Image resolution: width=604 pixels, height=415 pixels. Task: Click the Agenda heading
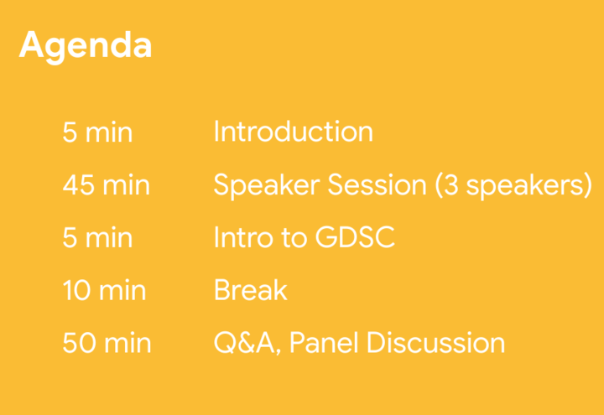[86, 47]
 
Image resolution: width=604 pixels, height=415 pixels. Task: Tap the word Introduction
[294, 132]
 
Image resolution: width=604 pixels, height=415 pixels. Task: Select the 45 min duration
[106, 184]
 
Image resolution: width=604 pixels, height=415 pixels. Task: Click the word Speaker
[267, 186]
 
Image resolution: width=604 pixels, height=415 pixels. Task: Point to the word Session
[377, 184]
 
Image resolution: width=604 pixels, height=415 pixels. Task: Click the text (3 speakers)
[513, 186]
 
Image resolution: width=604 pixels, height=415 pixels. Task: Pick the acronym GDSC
[355, 237]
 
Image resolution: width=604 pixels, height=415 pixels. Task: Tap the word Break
[251, 289]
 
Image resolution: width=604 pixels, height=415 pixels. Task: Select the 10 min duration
[104, 290]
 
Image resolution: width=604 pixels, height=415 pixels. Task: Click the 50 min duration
[107, 343]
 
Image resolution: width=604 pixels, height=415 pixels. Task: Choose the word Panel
[323, 342]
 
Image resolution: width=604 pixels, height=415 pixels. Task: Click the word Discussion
[435, 342]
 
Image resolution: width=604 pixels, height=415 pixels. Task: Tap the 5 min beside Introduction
[97, 132]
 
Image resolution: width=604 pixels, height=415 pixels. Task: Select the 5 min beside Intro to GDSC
[97, 237]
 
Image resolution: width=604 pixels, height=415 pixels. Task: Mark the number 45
[79, 184]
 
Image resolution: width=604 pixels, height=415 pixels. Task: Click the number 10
[77, 290]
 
